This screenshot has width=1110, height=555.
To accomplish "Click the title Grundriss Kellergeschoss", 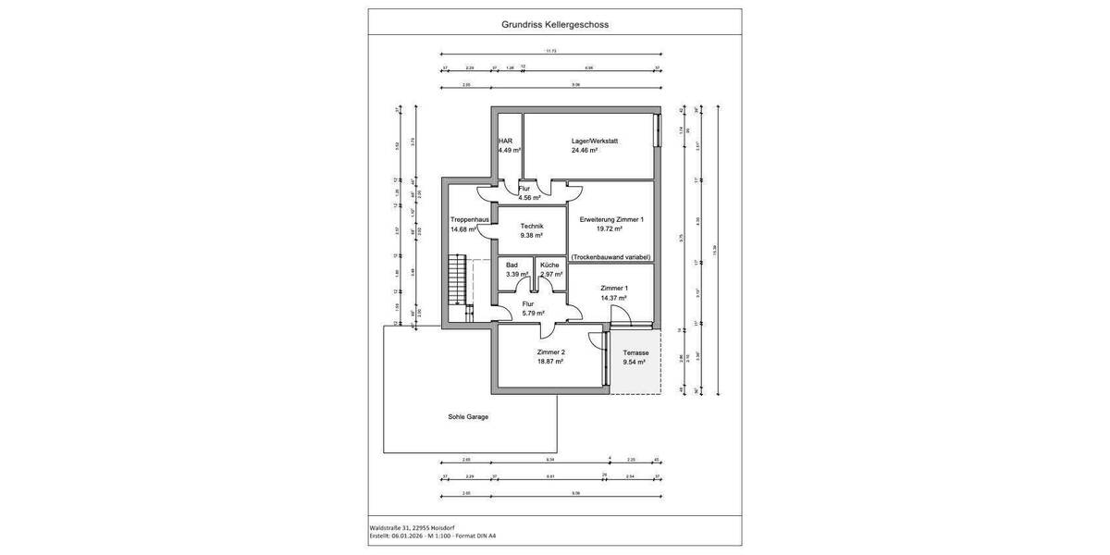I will click(554, 26).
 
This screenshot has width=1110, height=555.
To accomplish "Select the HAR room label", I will click(505, 141).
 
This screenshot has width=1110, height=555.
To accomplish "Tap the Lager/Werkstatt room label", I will click(594, 141).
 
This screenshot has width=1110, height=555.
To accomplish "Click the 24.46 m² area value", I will click(585, 150).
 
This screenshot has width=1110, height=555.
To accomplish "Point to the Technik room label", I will click(531, 227).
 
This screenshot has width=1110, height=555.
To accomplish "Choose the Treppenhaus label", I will click(469, 220).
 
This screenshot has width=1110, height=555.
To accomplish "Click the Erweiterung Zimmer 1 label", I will click(610, 219).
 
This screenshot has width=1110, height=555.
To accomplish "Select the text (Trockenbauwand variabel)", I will click(610, 257).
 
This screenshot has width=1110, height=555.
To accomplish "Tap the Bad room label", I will click(512, 265).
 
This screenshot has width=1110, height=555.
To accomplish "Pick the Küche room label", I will click(549, 265).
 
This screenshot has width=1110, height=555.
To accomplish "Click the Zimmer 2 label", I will click(550, 352).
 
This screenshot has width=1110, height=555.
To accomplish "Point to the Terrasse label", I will click(635, 353).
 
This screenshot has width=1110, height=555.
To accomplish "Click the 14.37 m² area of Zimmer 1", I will click(613, 297).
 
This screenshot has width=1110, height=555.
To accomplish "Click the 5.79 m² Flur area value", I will click(534, 313).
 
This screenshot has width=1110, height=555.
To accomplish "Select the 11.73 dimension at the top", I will click(551, 52).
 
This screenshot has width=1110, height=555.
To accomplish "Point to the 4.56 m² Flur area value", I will click(530, 197).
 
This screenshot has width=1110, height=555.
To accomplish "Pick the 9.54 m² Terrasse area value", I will click(635, 363).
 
